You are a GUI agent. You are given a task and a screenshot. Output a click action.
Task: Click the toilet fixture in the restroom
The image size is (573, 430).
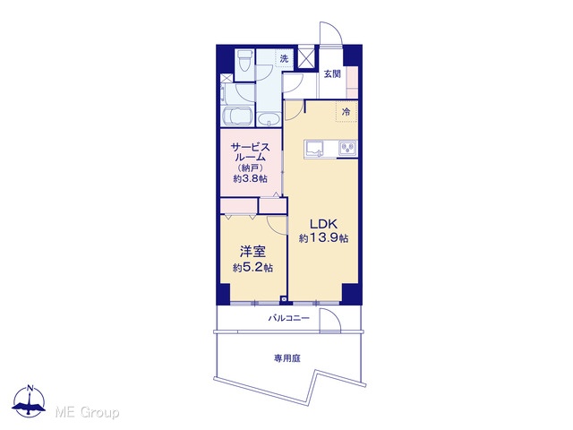(x=244, y=61)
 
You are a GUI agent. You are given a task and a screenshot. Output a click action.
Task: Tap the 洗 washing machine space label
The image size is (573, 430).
(x=284, y=58)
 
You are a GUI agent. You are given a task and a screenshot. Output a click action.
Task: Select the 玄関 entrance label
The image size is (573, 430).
(x=332, y=73)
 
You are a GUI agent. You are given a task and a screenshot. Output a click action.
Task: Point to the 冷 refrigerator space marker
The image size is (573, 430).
(x=346, y=112)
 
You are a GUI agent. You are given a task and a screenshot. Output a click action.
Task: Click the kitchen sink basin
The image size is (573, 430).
(x=314, y=149)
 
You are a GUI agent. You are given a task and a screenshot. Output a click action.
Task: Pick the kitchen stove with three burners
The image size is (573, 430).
(x=347, y=149)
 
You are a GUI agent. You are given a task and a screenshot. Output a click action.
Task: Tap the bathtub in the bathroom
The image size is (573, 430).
(x=238, y=116)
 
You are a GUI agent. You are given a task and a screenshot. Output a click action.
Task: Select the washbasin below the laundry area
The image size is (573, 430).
(x=269, y=119)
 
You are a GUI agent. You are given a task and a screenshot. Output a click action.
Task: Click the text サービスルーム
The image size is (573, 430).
(x=251, y=152)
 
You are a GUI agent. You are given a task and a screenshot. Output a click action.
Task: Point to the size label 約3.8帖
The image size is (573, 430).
(x=251, y=179)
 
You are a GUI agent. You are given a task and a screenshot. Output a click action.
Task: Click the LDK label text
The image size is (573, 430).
(x=323, y=224)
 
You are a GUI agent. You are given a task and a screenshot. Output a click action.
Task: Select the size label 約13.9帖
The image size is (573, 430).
(x=323, y=238)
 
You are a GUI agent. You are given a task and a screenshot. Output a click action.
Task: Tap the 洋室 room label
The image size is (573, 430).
(x=252, y=252)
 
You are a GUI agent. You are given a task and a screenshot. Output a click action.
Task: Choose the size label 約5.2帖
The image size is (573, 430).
(x=252, y=268)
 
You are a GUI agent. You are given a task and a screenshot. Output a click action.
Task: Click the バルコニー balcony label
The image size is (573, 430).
(x=288, y=318)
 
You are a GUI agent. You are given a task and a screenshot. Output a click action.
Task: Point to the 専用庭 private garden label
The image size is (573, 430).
(x=287, y=358)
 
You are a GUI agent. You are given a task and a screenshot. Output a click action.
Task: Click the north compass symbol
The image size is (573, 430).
(x=29, y=401)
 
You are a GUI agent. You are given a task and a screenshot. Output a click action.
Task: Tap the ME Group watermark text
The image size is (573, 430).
(x=87, y=413)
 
